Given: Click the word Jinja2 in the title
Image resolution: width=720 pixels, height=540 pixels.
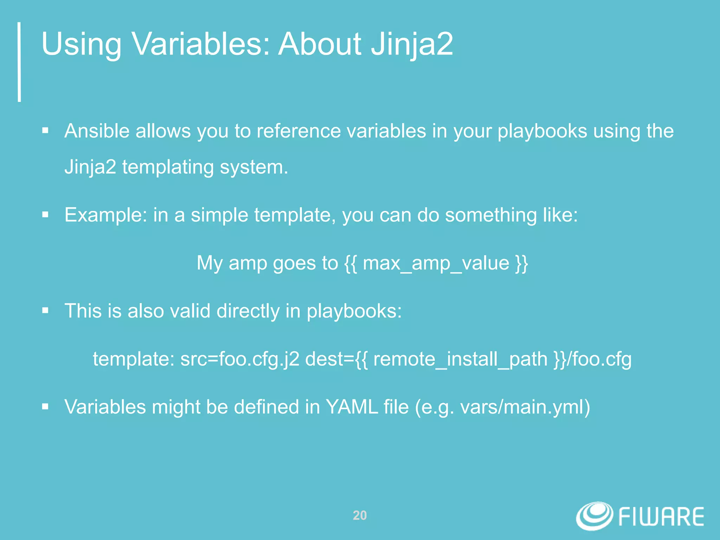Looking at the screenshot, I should tap(412, 44).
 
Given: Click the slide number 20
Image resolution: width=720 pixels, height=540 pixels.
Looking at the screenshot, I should tap(360, 515).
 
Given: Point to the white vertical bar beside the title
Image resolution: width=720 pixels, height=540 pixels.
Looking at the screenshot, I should tap(19, 62).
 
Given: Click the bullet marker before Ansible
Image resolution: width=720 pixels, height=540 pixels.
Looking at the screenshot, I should tap(45, 131).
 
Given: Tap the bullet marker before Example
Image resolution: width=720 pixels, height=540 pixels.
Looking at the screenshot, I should tap(45, 215).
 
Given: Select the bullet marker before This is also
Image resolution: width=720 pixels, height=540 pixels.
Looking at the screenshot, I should tap(45, 311).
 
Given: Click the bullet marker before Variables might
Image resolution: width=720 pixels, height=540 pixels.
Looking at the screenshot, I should tap(45, 407).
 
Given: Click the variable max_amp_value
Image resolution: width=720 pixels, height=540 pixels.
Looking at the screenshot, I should tap(436, 263).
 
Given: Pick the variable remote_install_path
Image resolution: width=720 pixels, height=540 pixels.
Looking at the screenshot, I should tap(460, 359).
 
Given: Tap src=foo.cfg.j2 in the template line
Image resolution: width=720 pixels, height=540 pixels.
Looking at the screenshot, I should tap(240, 359).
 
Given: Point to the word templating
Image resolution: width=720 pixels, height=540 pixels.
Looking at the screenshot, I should tap(168, 167).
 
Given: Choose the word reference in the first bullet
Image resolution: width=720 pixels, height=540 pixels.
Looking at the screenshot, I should tap(298, 131).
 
